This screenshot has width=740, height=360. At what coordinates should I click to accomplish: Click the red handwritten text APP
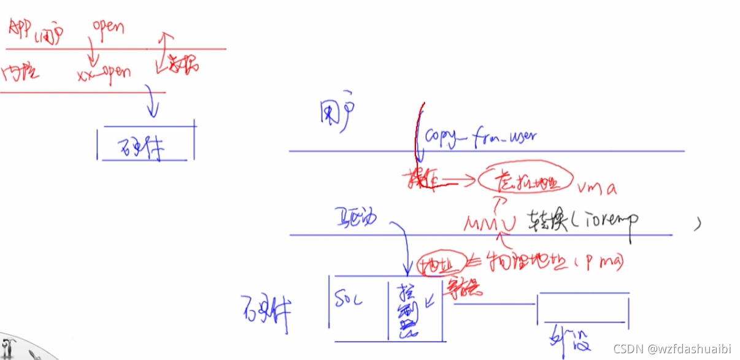click(21, 28)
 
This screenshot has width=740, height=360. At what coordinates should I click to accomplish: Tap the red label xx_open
click(104, 74)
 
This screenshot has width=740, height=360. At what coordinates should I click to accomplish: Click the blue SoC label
click(350, 301)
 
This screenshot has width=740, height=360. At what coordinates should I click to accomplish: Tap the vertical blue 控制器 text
click(406, 310)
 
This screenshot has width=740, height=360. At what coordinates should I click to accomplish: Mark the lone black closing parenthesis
click(697, 225)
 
